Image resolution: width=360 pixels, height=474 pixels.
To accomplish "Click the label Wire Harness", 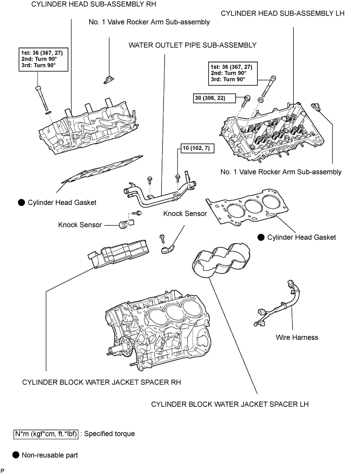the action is tap(297, 337).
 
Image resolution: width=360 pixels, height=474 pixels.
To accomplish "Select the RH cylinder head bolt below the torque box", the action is tap(42, 98).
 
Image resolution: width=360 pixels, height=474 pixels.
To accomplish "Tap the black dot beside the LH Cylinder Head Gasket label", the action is tap(261, 237).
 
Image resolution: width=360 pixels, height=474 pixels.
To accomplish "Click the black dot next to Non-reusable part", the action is tap(16, 455).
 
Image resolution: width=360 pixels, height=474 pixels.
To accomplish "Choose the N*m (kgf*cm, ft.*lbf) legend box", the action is tap(46, 434).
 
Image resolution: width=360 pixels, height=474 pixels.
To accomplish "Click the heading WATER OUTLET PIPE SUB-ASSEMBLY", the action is tap(193, 45).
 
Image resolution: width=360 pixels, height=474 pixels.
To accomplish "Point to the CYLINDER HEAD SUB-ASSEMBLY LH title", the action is tap(283, 14).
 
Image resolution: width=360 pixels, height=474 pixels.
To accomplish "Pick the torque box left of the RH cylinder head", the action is tap(43, 59).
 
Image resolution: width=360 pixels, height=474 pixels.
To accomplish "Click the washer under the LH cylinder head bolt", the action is tap(261, 100).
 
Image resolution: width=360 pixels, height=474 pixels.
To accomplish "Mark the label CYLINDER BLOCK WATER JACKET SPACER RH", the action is tap(101, 382).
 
